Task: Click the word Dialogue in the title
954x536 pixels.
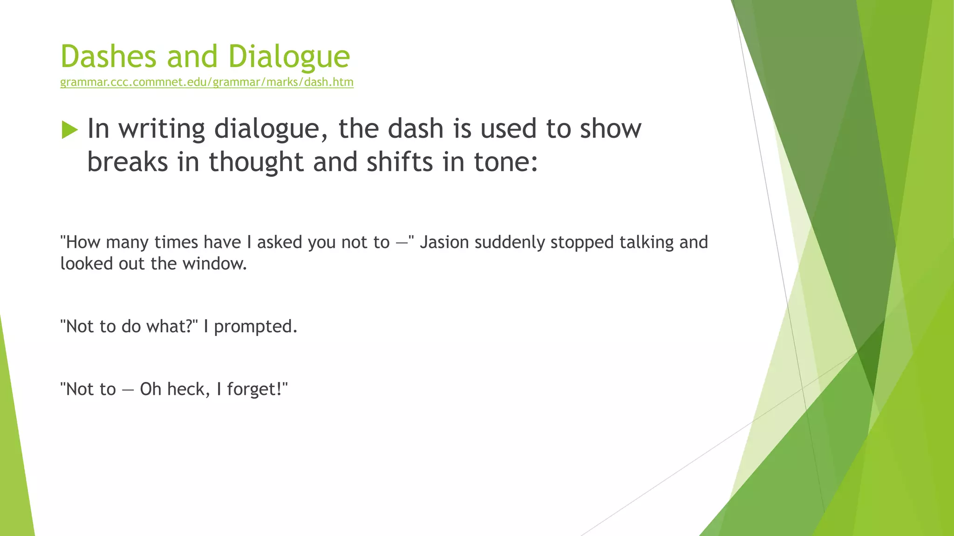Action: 289,57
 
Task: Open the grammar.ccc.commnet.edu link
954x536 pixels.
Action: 207,82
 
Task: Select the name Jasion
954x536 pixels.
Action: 444,242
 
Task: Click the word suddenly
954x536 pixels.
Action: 510,242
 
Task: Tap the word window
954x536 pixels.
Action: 214,264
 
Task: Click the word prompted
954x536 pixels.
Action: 255,327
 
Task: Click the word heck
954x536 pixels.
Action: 186,389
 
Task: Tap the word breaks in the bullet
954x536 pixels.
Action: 128,162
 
